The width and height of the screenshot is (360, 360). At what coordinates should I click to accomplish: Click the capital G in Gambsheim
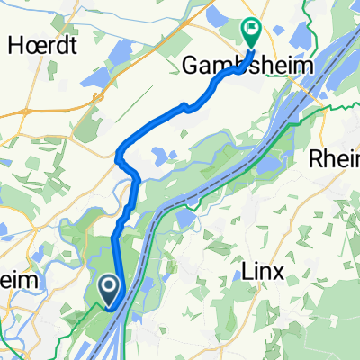(x=192, y=65)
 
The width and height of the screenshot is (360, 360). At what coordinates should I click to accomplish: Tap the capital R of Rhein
(x=319, y=159)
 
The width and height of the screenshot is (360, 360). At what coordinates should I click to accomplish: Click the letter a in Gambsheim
(x=206, y=65)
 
